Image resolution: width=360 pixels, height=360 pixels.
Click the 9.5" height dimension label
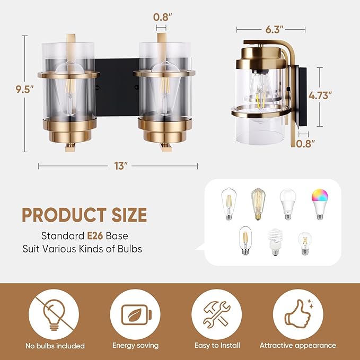(24, 89)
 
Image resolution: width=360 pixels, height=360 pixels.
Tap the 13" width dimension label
(121, 166)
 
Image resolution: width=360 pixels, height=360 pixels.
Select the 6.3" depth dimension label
(274, 30)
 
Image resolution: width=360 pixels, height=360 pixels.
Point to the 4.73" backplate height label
(320, 95)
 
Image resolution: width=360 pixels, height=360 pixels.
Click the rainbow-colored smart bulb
(320, 204)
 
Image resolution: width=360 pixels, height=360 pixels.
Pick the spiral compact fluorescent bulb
(275, 242)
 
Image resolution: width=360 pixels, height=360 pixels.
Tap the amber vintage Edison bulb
(258, 204)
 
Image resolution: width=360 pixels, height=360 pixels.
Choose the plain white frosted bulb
(288, 204)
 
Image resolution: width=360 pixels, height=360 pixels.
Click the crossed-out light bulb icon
(54, 314)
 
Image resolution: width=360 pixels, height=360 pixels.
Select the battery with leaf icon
(136, 315)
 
